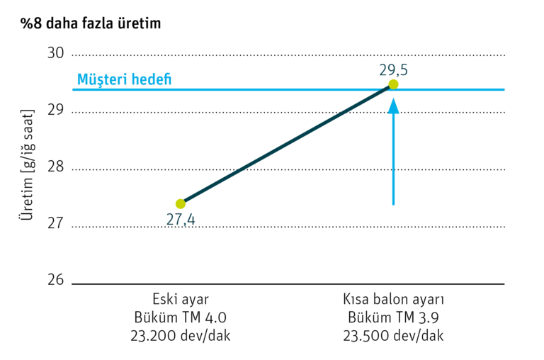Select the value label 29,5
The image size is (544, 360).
point(393,70)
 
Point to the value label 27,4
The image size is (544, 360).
point(180,219)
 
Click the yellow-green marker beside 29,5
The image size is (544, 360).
point(393,84)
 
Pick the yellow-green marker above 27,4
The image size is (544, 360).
point(181,204)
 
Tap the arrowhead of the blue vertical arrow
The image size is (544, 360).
point(393,105)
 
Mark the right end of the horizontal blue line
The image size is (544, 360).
point(504,90)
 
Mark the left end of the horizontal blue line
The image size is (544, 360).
point(72,90)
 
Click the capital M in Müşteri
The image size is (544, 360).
point(82,79)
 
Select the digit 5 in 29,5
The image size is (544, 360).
point(404,70)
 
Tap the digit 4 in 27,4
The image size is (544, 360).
point(191,219)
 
